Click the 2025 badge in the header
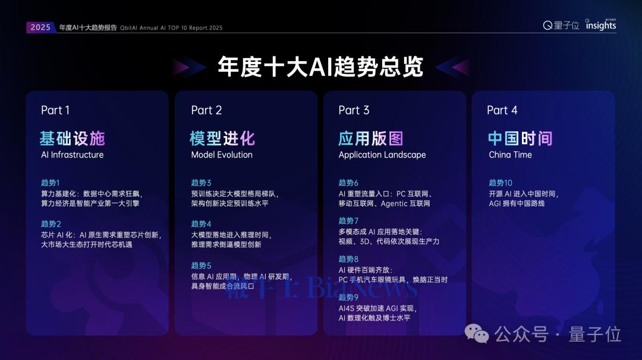[40, 27]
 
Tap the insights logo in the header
[600, 25]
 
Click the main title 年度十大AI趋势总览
[320, 67]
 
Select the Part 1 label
[55, 110]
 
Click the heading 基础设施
[72, 138]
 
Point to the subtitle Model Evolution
[222, 155]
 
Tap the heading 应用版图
[371, 138]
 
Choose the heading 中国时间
[520, 138]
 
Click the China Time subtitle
[510, 155]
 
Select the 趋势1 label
[51, 183]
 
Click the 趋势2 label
[51, 224]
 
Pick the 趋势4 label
[202, 224]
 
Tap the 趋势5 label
[202, 266]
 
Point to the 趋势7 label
[349, 221]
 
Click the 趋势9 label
[349, 297]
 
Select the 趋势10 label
[501, 183]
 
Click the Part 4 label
[502, 110]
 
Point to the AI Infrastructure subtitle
[72, 155]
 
